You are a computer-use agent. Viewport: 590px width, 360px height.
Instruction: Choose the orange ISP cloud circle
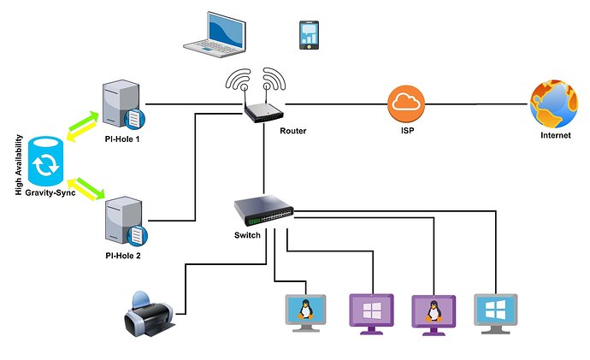pyautogui.click(x=407, y=105)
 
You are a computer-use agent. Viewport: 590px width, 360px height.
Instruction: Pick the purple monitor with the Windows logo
pyautogui.click(x=373, y=314)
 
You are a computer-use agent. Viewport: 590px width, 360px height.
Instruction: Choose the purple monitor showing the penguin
pyautogui.click(x=434, y=314)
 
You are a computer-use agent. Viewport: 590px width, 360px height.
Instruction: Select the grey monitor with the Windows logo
pyautogui.click(x=496, y=314)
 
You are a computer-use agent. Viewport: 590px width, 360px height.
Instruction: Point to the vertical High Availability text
pyautogui.click(x=18, y=163)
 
